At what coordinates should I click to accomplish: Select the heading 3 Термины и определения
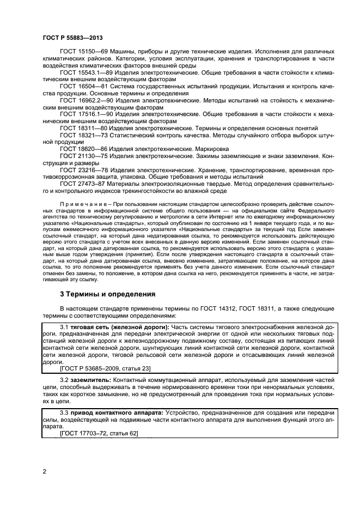108,294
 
